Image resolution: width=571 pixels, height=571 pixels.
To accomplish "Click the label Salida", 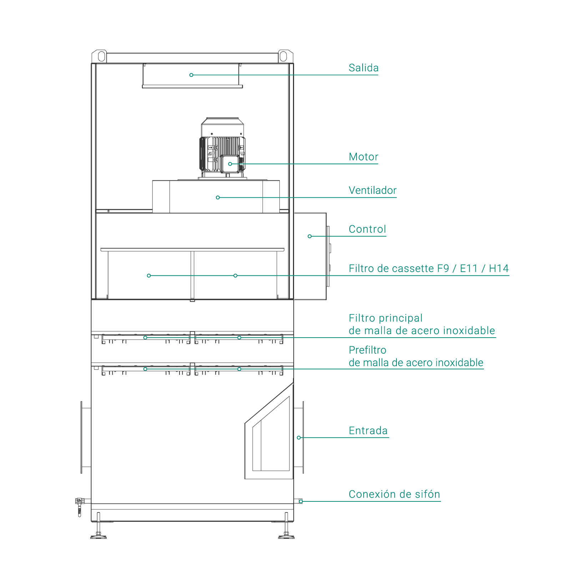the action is coord(363,68).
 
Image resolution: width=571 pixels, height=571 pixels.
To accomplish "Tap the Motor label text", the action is coord(363,157).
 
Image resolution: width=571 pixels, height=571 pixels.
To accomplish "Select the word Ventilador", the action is coord(373,190).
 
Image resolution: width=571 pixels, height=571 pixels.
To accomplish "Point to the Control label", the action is coord(367,229).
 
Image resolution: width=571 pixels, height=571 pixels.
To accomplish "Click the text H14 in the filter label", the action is coord(499,268).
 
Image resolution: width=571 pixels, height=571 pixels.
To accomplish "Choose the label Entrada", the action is coord(368,431).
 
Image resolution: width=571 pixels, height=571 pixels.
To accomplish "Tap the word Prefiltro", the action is coord(367,350).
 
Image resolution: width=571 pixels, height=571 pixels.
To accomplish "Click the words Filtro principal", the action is coord(385,318).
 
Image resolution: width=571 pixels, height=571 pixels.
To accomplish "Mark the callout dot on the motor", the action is coord(230,164).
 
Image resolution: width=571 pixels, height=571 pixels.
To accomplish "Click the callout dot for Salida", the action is coord(191,75).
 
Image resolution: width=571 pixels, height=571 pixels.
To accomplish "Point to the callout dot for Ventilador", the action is coord(218,197).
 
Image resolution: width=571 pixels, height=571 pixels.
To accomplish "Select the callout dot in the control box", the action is coord(309,236).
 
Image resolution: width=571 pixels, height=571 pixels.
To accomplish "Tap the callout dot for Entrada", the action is coord(299,438).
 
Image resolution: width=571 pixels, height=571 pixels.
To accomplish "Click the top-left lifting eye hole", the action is coord(101,56).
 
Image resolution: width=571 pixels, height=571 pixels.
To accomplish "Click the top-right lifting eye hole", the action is coord(283,56).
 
